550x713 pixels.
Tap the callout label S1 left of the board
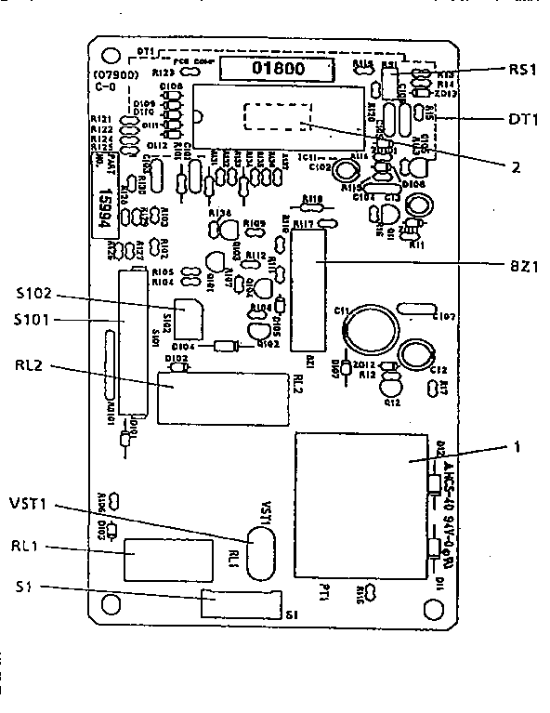[x=23, y=588]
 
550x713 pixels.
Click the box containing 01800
[x=282, y=68]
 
